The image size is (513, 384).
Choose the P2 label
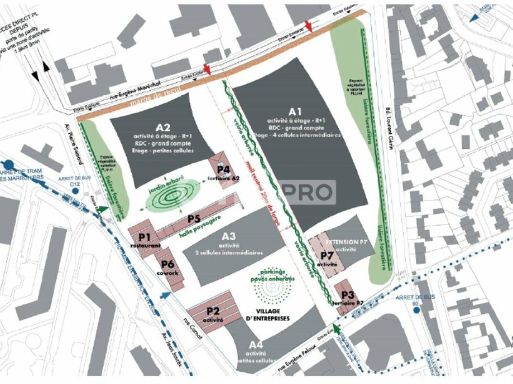click(x=213, y=311)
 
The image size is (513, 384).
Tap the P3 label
click(x=348, y=295)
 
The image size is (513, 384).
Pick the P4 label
click(x=224, y=169)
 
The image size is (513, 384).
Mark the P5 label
click(x=194, y=218)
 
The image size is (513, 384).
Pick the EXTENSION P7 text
click(x=346, y=243)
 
